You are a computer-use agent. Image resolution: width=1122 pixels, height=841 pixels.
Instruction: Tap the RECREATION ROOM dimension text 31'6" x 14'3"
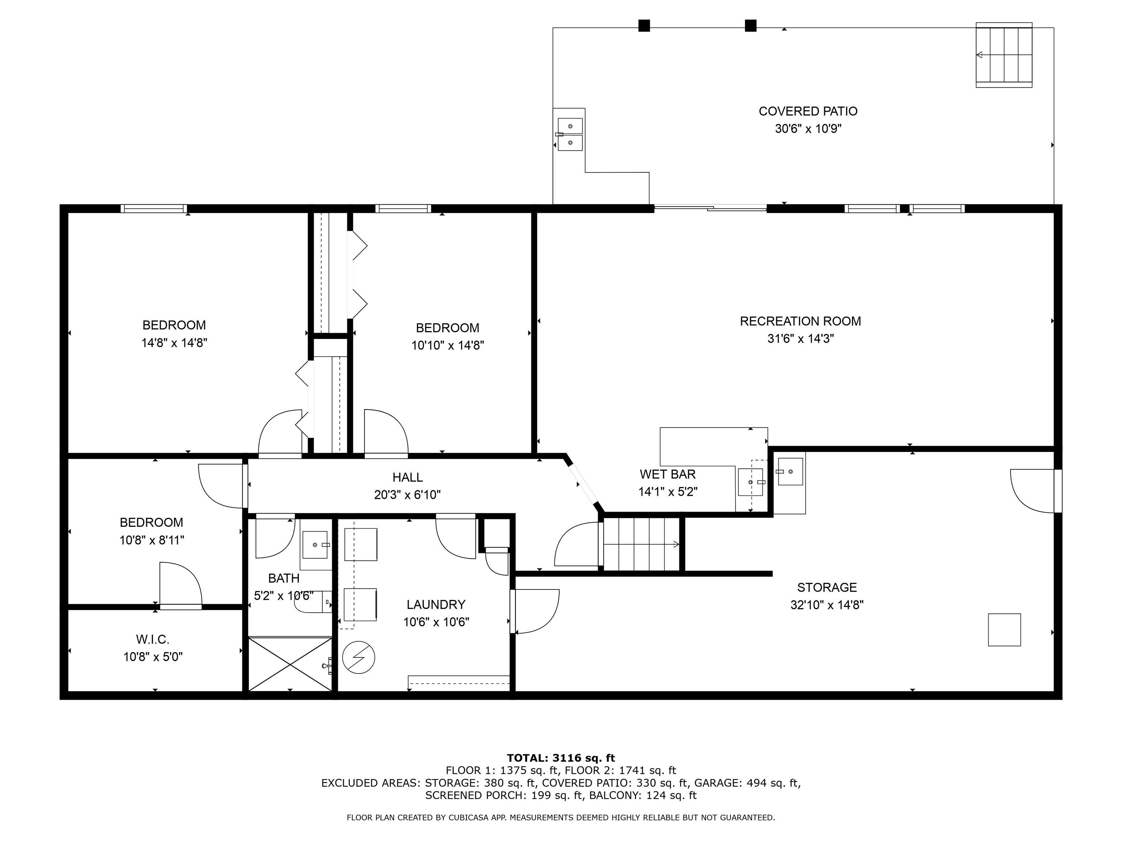pos(801,339)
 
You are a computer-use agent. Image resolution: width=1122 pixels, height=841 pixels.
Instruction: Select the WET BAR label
pos(668,475)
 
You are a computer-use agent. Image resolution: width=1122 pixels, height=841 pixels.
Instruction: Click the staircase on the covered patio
pos(1004,55)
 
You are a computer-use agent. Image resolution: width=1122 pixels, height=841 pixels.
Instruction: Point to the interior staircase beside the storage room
pos(641,544)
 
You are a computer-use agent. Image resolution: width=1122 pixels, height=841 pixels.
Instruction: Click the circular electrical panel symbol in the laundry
pos(359,657)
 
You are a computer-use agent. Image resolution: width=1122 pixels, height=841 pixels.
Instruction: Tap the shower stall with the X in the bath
pos(290,664)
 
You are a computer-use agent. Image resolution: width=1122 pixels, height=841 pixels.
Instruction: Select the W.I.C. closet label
pos(153,640)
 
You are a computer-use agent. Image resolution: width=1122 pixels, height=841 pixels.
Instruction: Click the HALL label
pos(407,477)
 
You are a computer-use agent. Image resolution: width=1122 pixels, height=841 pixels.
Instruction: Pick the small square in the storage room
pos(1004,630)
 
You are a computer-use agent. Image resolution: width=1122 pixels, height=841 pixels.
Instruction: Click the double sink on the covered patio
pos(570,134)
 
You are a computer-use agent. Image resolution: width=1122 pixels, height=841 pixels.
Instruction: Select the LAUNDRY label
pos(436,605)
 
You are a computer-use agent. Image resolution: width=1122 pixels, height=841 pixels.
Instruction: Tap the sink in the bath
pos(315,545)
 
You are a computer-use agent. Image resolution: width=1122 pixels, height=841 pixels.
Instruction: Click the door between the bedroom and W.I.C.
pos(180,585)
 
